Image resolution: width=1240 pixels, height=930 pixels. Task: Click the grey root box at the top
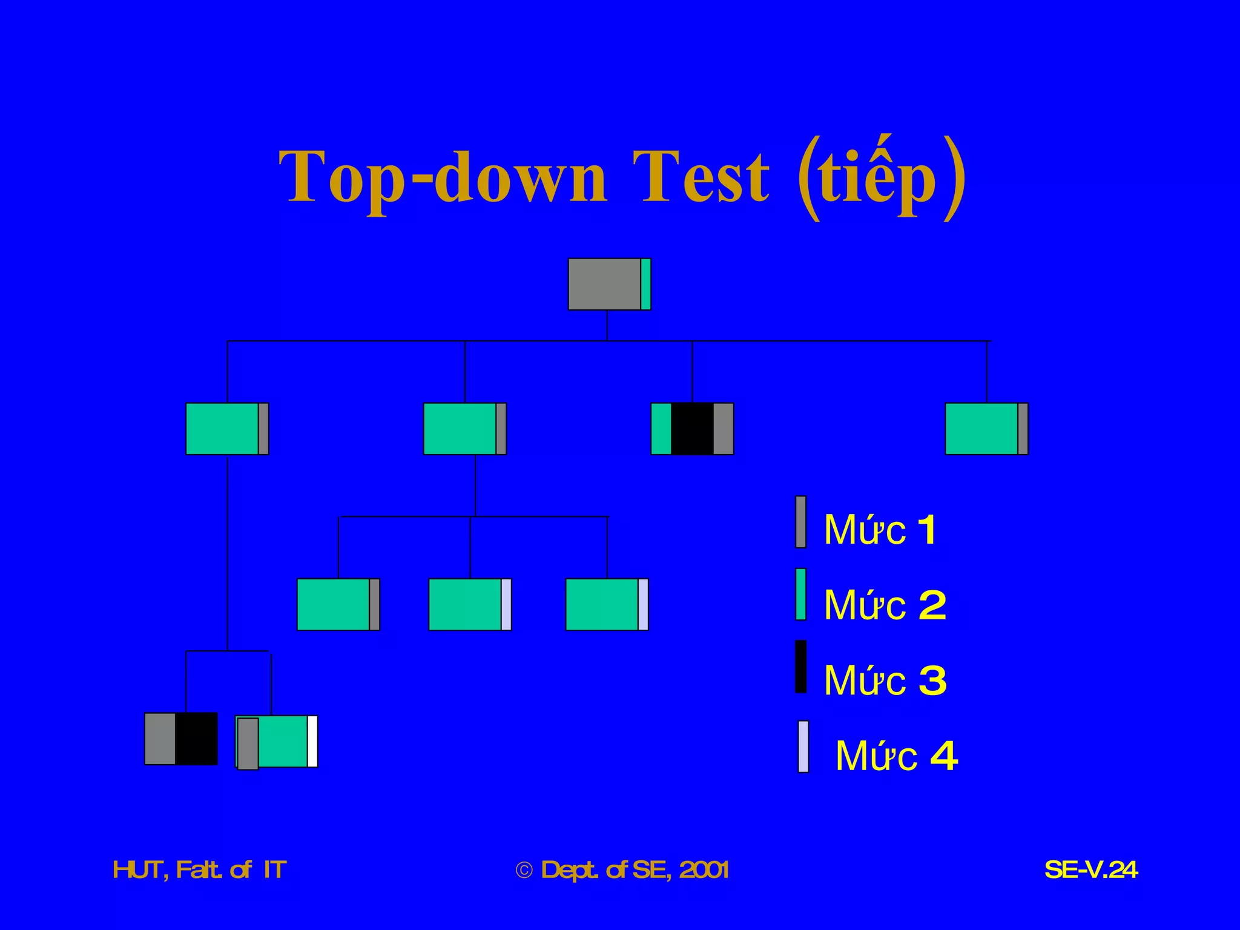604,284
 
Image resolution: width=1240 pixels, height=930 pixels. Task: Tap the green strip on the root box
645,284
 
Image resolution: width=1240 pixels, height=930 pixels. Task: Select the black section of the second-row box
692,429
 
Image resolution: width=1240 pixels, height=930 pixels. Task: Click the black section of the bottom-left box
196,739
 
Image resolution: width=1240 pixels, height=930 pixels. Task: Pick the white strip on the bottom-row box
312,741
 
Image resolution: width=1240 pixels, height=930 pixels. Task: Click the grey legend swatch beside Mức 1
800,522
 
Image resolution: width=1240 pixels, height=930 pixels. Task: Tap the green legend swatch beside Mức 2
800,594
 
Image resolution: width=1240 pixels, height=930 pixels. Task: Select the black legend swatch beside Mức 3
800,666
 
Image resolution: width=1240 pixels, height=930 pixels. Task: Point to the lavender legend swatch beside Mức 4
803,746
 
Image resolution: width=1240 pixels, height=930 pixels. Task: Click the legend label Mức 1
880,530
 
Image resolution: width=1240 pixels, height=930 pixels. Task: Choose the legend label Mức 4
896,756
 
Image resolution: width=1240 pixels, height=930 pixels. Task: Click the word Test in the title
701,177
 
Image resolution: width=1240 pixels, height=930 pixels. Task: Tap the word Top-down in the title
443,177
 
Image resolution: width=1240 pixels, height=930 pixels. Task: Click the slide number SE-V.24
1091,870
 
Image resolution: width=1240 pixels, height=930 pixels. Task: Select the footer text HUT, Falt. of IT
199,870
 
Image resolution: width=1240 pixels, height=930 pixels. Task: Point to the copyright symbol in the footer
524,871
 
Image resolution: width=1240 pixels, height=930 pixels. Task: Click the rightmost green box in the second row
981,429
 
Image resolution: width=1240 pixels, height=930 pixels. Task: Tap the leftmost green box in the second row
222,429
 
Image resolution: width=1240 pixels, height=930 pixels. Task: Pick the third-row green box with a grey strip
334,604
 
